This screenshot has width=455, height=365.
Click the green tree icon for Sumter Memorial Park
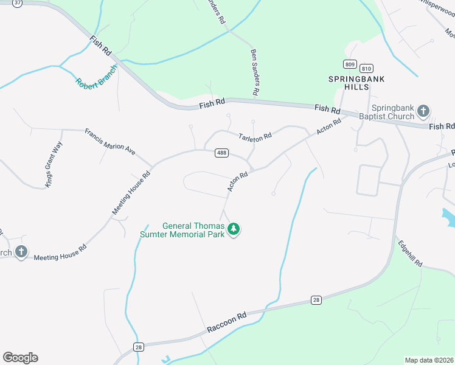click(x=234, y=229)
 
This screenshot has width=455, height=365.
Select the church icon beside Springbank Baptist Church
click(x=423, y=111)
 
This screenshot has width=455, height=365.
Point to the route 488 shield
click(x=221, y=153)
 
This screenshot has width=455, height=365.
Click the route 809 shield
click(x=349, y=64)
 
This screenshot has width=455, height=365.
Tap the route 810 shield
click(x=366, y=68)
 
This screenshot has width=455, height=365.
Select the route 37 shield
click(x=17, y=3)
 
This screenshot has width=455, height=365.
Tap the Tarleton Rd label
click(x=254, y=138)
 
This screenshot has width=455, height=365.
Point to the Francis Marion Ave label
click(x=110, y=141)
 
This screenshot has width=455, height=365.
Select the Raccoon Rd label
click(x=226, y=322)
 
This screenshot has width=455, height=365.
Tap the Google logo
click(x=20, y=358)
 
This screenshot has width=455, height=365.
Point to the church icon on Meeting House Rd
click(x=21, y=252)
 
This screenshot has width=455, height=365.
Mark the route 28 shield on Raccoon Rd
click(x=316, y=299)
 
